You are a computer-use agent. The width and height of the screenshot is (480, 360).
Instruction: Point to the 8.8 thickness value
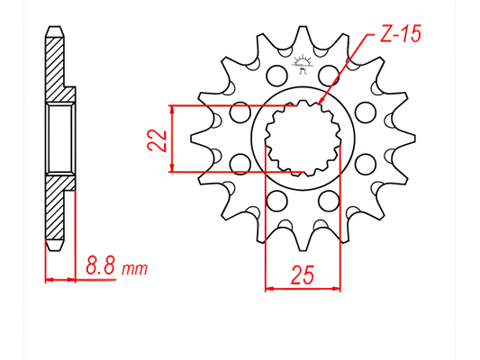pyautogui.click(x=100, y=267)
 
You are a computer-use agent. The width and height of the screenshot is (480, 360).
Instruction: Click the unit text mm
pyautogui.click(x=132, y=268)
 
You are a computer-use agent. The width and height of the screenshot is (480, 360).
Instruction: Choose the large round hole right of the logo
pyautogui.click(x=331, y=73)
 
